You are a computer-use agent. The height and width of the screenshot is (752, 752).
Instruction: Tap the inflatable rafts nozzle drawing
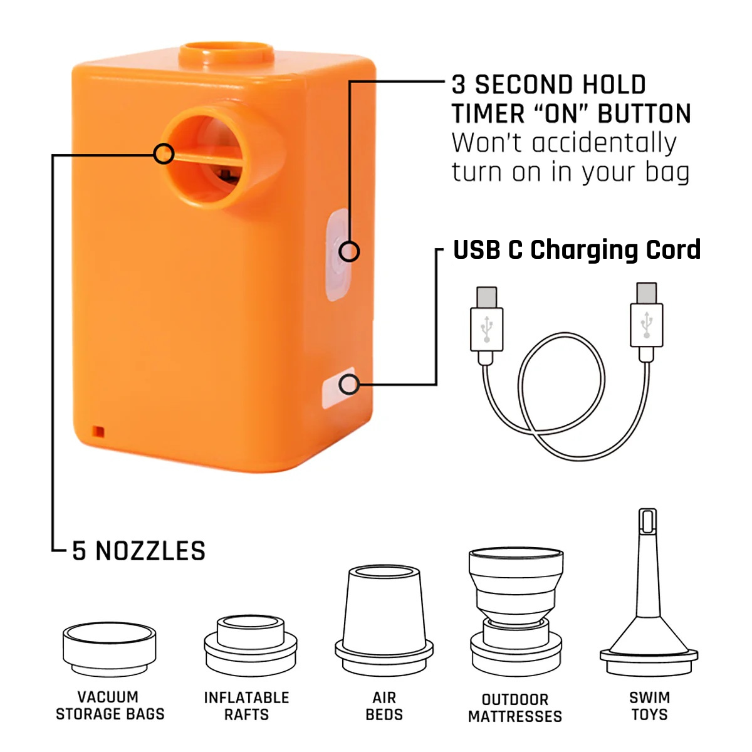(x=251, y=646)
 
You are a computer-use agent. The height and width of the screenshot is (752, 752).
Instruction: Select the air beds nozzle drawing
(x=384, y=621)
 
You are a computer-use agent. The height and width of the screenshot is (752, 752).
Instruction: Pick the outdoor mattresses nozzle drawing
(x=516, y=612)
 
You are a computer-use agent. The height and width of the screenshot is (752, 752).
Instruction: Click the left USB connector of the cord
(x=486, y=325)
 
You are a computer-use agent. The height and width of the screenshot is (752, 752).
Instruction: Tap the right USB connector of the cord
(x=646, y=321)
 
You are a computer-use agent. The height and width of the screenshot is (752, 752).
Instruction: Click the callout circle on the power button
(x=349, y=251)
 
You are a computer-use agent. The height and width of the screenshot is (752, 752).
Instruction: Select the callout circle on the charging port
(x=349, y=384)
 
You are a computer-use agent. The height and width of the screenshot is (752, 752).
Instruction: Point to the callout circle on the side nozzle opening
(x=164, y=154)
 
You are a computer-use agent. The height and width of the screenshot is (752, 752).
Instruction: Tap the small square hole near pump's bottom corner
(x=98, y=432)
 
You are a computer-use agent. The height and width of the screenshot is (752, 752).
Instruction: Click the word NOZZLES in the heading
(x=150, y=551)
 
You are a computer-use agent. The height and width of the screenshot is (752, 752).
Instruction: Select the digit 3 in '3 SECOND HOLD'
(x=459, y=85)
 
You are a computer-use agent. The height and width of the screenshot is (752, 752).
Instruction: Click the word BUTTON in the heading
(x=644, y=113)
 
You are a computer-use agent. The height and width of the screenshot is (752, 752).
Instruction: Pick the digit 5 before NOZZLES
(x=79, y=551)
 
